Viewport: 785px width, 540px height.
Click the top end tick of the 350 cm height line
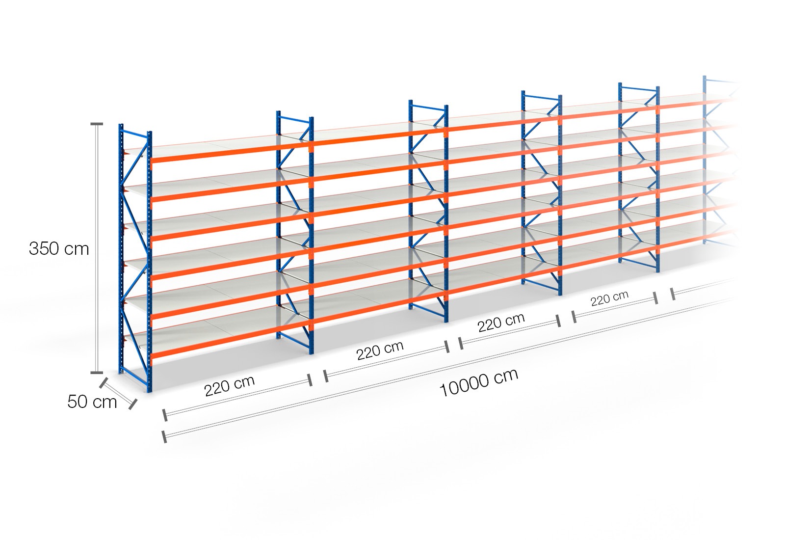point(97,124)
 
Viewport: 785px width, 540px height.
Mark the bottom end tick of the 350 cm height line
point(97,373)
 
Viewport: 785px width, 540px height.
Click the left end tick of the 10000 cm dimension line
point(164,437)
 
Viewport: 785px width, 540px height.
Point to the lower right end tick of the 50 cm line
point(132,405)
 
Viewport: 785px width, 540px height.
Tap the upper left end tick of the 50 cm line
point(103,382)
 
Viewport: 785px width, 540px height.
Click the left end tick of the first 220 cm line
point(165,415)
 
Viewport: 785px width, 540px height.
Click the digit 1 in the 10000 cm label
point(443,390)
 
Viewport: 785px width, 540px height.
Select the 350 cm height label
point(59,248)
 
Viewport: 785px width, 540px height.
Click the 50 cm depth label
point(92,402)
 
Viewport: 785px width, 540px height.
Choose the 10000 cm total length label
point(479,382)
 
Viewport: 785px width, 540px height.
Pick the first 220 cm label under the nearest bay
point(230,386)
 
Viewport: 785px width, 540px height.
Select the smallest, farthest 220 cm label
point(609,298)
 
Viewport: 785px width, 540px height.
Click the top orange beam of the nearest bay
point(231,152)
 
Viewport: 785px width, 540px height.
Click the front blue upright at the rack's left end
point(150,262)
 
